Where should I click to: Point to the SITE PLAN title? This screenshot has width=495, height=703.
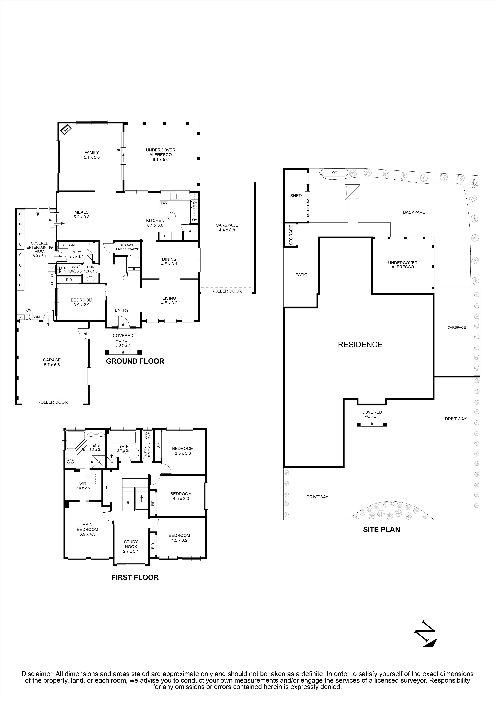tap(381, 529)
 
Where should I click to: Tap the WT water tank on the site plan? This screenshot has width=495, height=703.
tap(334, 172)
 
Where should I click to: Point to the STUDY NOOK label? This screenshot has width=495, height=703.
tap(131, 544)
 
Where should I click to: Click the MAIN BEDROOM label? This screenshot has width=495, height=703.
tap(87, 527)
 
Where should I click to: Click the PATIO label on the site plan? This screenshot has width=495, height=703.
tap(301, 275)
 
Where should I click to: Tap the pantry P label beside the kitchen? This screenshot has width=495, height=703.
tap(190, 231)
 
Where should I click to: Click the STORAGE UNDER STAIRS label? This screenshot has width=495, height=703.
tap(127, 247)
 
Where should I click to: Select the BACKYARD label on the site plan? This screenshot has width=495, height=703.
tap(414, 212)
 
